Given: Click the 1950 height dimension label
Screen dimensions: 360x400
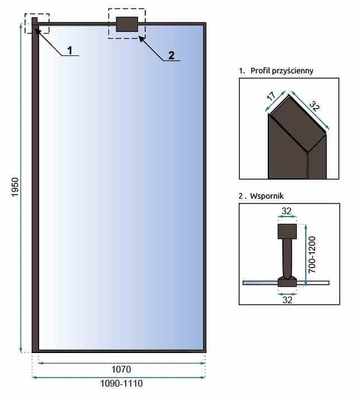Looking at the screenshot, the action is pos(15,187).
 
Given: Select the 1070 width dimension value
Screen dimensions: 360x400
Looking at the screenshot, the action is pos(121,369).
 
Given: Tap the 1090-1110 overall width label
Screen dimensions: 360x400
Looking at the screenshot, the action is pos(121,383).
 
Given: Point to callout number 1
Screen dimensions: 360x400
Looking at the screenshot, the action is pos(70,50).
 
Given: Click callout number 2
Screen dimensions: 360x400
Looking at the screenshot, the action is pos(171,55).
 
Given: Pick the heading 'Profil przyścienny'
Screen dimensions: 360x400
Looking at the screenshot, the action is pos(282,70).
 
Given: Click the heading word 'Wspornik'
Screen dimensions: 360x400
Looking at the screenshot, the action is pos(267,196).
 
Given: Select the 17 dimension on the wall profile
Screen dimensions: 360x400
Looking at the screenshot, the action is pos(271,96).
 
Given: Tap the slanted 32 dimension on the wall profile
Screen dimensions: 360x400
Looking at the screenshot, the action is pos(314,106).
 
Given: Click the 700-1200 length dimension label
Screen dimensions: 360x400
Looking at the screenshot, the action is pos(312,255).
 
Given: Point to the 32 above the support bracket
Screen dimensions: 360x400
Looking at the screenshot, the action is pos(287,211).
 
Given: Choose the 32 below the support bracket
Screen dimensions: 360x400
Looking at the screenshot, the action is pos(287,300).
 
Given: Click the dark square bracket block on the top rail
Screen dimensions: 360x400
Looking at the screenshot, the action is pos(127,24).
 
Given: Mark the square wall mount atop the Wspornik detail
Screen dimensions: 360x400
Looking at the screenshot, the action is pos(287,232).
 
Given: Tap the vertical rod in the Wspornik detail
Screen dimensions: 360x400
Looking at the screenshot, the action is pos(287,258).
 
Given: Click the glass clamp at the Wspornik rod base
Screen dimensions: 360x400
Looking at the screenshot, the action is pos(287,281).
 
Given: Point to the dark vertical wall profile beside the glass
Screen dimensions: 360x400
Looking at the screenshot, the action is pos(35,185).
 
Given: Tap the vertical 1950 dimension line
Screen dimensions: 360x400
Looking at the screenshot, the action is pos(21,188).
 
